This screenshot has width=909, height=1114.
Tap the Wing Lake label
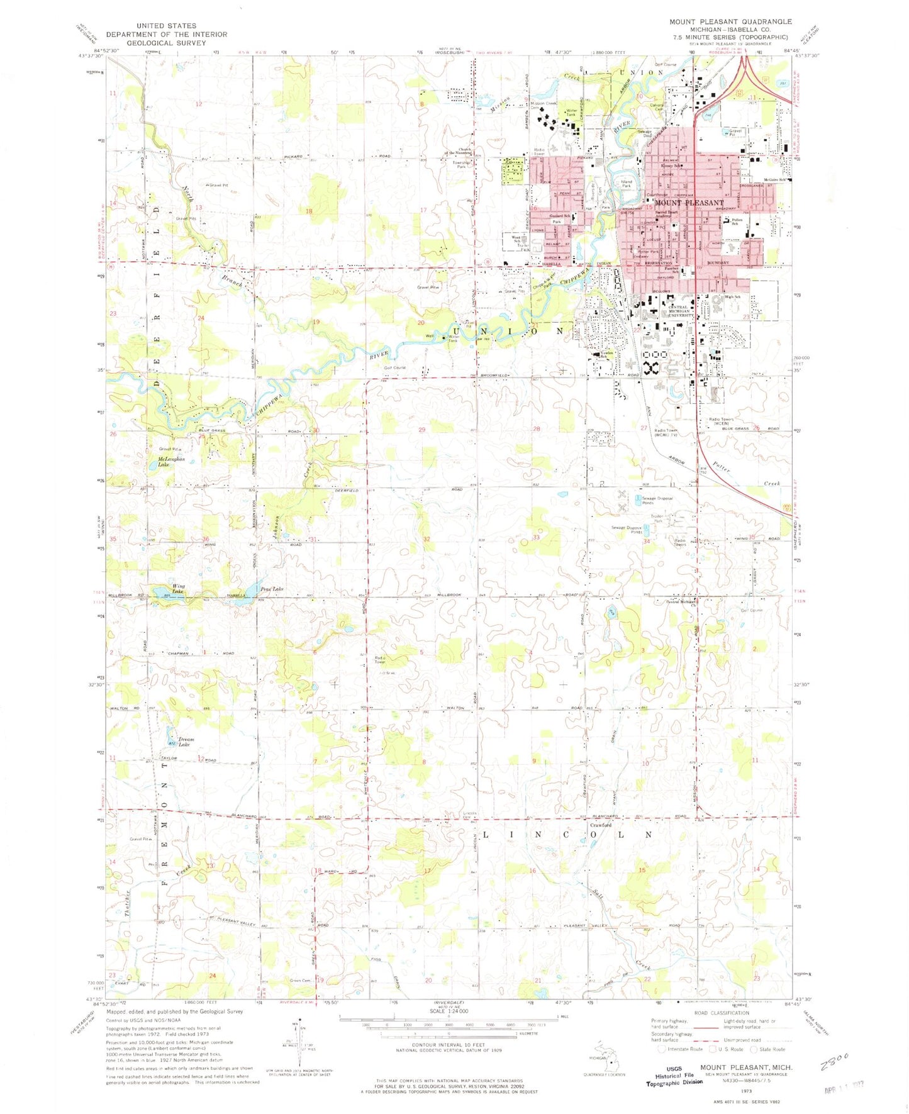tap(178, 589)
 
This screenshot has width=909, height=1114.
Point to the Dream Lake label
tap(186, 742)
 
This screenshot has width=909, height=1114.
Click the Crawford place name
tap(601, 825)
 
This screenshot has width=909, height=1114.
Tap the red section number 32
tap(427, 539)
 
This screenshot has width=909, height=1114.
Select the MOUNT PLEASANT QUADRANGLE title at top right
tap(730, 21)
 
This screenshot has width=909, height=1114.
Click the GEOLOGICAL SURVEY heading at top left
tap(166, 43)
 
